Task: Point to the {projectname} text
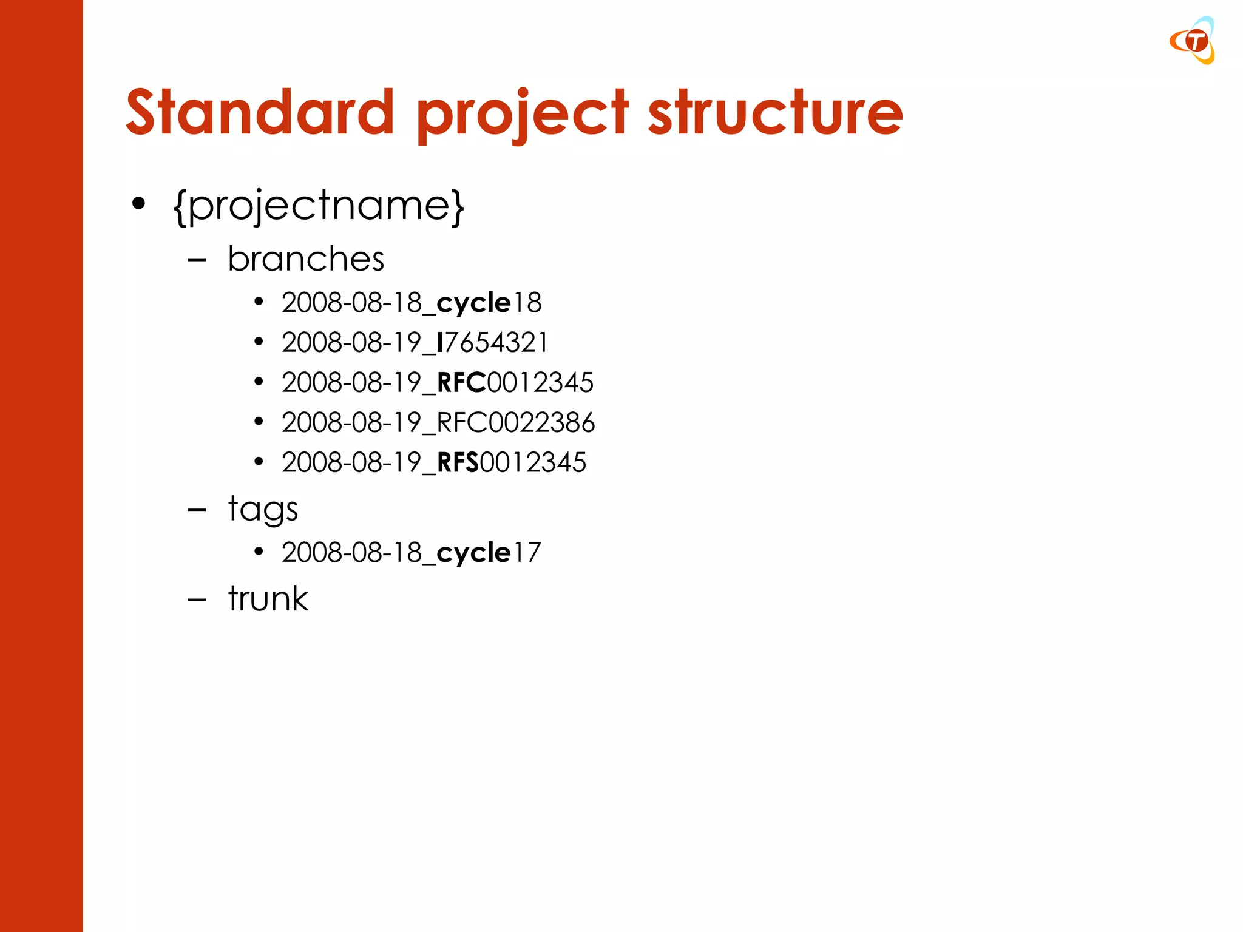[x=319, y=206]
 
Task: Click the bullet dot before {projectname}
[x=138, y=204]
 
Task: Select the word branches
[x=306, y=259]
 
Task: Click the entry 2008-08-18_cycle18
[x=411, y=302]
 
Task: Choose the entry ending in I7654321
[x=415, y=342]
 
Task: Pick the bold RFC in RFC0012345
[x=461, y=382]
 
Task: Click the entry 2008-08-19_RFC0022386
[x=438, y=422]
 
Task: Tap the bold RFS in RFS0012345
[x=458, y=462]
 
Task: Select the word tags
[x=263, y=509]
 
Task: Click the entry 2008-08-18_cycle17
[x=411, y=552]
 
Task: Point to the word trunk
[x=268, y=599]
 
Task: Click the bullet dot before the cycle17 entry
[x=259, y=552]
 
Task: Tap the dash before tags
[x=197, y=510]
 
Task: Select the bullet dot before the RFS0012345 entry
[x=259, y=462]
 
